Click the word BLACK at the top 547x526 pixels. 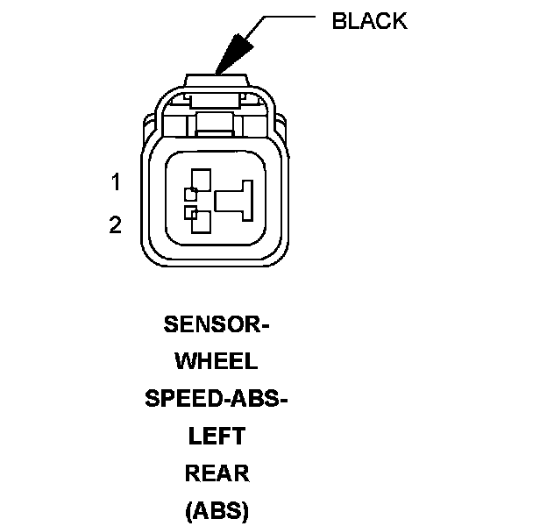369,22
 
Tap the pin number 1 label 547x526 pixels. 116,183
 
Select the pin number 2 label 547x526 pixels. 116,225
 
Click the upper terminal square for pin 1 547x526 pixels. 199,182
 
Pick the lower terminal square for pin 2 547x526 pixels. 199,221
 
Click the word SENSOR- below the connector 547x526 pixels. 217,324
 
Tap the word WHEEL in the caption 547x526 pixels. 217,361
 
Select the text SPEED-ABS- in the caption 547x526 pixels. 217,398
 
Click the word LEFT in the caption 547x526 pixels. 217,436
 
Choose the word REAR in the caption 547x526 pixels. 217,473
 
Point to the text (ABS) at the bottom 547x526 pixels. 217,510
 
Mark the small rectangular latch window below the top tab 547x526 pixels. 216,122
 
